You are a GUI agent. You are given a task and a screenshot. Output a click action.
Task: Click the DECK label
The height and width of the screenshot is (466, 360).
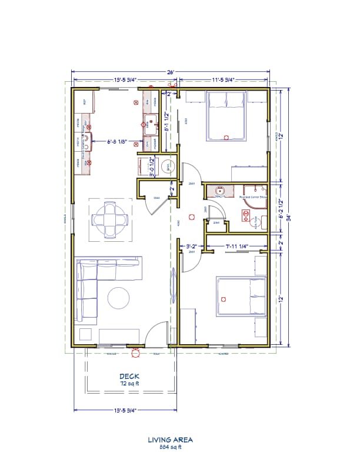pos(129,376)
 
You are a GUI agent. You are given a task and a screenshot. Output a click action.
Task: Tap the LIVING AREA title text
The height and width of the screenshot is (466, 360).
pos(170,439)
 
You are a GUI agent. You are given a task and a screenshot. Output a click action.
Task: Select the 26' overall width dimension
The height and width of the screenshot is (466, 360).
pos(171,72)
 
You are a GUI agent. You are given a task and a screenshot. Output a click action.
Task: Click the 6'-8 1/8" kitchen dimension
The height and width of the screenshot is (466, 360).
pos(119,142)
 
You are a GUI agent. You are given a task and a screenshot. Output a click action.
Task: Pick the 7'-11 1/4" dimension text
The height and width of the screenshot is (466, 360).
pos(235,246)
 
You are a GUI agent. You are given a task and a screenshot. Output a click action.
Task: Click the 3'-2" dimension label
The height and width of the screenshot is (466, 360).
pos(192,246)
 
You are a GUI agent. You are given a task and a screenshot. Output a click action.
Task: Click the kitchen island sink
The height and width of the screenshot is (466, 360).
pos(151,124)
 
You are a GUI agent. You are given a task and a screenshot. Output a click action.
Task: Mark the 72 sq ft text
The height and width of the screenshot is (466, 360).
pos(129,384)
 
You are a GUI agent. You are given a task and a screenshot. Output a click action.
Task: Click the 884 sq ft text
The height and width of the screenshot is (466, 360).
pos(170,447)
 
